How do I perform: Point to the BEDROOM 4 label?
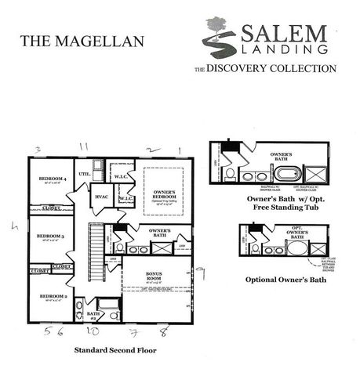coord(54,179)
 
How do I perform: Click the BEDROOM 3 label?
coord(50,235)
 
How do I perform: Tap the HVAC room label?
coord(101,197)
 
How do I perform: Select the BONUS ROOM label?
coord(153,277)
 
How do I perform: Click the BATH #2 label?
coord(93,316)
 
